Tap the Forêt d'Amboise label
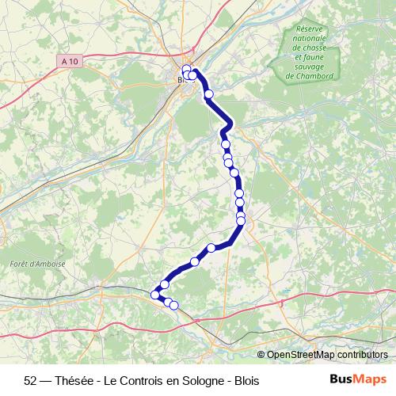click(x=39, y=264)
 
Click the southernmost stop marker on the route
click(x=174, y=305)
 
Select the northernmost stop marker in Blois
click(x=188, y=68)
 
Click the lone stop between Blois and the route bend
click(x=209, y=94)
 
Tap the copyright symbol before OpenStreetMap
click(x=262, y=355)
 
